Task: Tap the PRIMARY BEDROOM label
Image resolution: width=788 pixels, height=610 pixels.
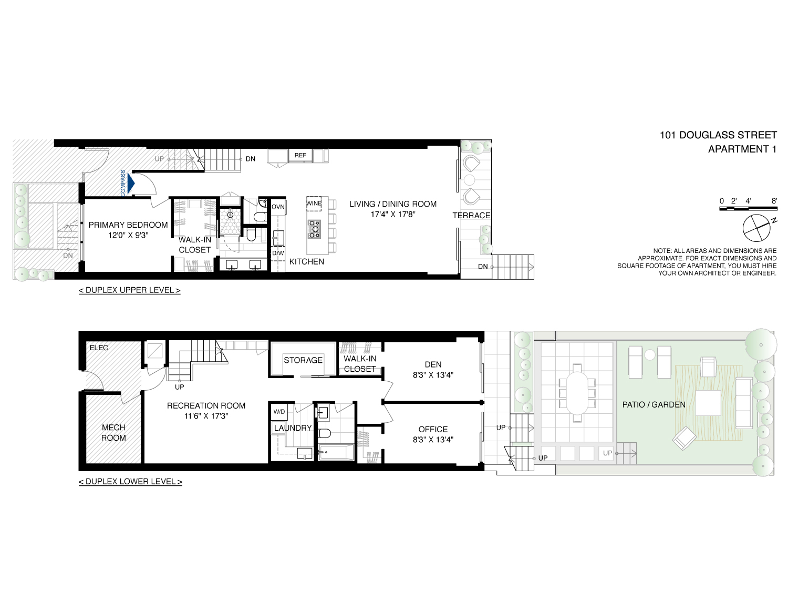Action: coord(128,225)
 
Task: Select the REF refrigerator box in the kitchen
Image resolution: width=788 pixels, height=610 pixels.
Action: coord(300,155)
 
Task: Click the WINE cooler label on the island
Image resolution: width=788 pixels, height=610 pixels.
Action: coord(314,204)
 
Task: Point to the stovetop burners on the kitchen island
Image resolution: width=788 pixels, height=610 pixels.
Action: coord(314,229)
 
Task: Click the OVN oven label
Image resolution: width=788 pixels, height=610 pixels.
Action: coord(278,207)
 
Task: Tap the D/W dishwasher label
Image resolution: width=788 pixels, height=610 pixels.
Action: coord(278,253)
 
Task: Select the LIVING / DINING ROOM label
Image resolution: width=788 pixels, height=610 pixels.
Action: coord(393,204)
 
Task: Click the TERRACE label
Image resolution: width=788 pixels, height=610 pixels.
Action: coord(471,216)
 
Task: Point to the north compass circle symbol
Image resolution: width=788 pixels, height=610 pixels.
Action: coord(756,228)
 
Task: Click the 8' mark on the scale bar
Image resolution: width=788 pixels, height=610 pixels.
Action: coord(774,201)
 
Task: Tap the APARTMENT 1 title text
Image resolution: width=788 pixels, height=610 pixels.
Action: coord(742,149)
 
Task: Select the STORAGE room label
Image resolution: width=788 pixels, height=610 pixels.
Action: coord(303,360)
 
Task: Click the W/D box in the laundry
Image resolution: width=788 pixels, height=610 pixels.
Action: coord(279,412)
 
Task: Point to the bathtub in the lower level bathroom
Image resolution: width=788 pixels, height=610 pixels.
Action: coord(337,452)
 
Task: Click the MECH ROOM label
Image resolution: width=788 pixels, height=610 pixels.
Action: coord(113,433)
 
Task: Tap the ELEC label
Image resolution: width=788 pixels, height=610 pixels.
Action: coord(99,348)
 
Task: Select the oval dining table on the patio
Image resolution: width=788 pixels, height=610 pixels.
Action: coord(577,393)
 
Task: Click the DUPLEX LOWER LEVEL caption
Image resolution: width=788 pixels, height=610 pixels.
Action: coord(130,482)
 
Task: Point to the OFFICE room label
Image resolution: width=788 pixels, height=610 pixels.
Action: coord(433,430)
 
